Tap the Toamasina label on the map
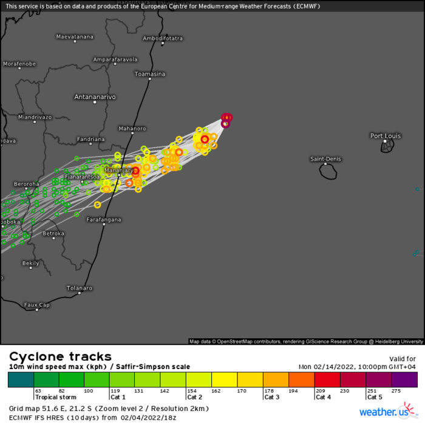149,74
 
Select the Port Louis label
385,135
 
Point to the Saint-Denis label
326,159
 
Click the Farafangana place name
104,219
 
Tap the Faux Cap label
37,305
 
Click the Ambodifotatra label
163,38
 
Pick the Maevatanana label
75,36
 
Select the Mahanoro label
132,129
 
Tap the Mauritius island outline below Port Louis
387,147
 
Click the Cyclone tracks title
59,356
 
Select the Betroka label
53,233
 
